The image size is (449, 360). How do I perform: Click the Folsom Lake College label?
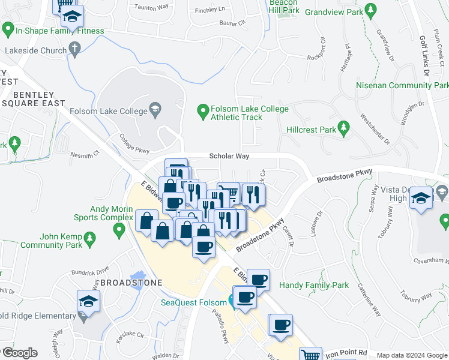(108, 111)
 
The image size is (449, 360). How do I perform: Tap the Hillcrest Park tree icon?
(343, 127)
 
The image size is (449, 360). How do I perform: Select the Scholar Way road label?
(229, 156)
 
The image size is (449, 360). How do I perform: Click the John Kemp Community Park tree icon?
(90, 238)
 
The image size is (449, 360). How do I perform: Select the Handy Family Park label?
(314, 286)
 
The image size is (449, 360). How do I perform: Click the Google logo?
(19, 353)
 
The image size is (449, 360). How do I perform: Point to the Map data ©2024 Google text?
(412, 355)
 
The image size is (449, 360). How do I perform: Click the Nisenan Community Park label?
(401, 86)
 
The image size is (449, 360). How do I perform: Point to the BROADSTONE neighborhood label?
(131, 282)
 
